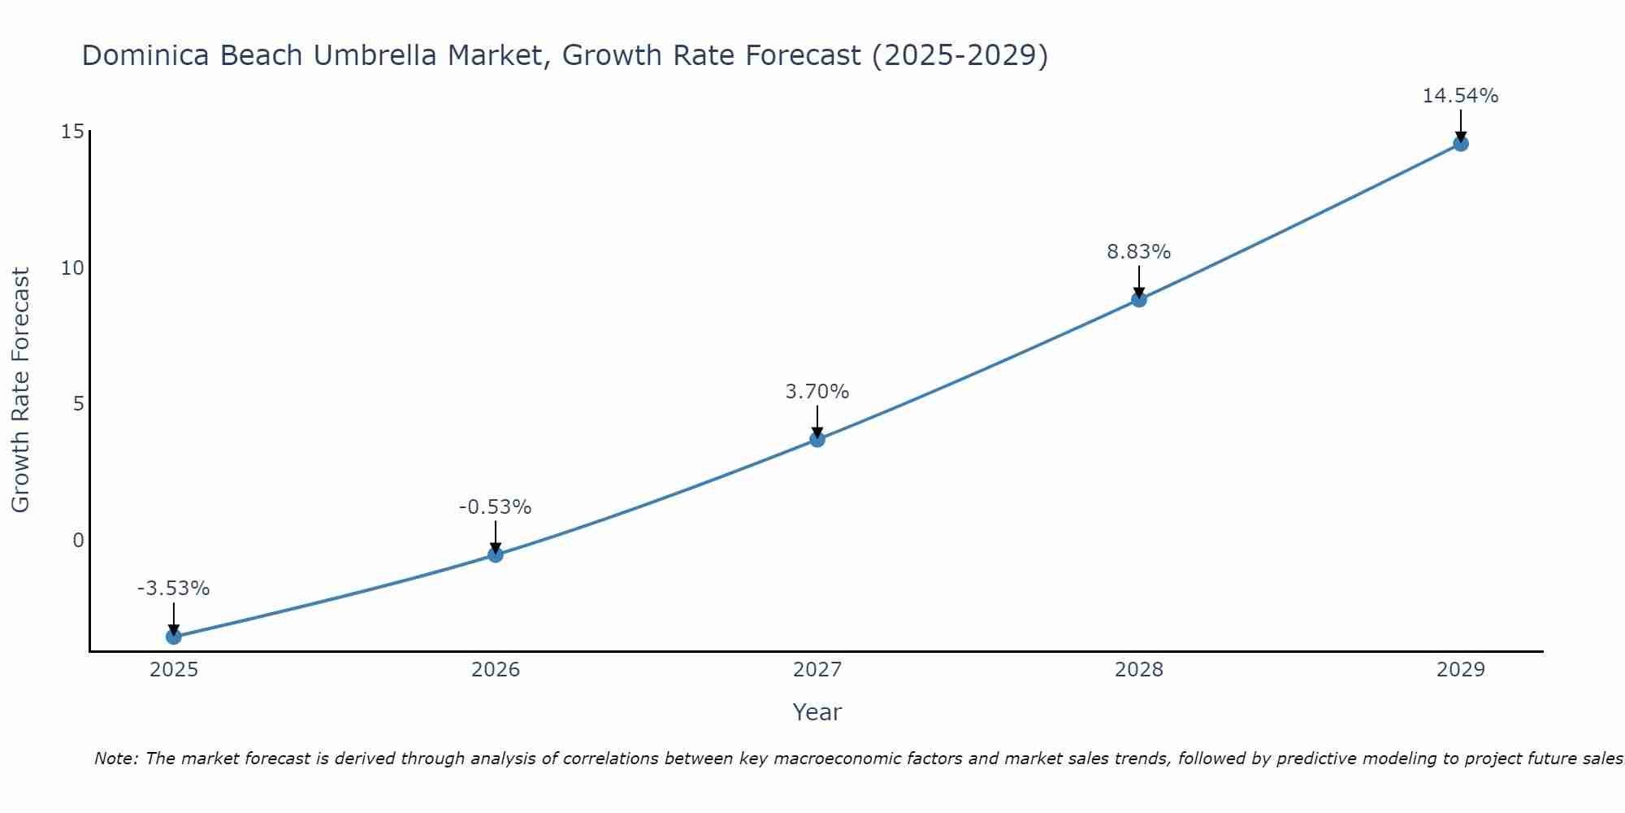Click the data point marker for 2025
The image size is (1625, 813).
click(174, 637)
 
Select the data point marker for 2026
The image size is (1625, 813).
click(496, 554)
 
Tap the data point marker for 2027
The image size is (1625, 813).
click(817, 439)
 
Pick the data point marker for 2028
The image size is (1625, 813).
click(1139, 299)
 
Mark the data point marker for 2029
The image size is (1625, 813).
click(1461, 144)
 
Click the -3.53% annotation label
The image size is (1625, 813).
click(174, 589)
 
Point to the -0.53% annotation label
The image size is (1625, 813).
click(496, 507)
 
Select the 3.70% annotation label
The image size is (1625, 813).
click(817, 392)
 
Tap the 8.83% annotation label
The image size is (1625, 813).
click(1139, 252)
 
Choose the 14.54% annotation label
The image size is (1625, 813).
click(1461, 96)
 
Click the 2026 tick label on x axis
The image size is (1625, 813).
click(496, 670)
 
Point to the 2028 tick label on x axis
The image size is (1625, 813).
click(1139, 670)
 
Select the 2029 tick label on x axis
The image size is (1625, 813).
click(1461, 670)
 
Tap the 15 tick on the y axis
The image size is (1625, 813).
click(72, 132)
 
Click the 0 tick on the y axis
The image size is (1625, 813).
click(78, 541)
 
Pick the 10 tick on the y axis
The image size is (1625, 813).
click(72, 268)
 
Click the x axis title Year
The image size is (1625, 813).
click(817, 712)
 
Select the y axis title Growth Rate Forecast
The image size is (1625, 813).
click(21, 390)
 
